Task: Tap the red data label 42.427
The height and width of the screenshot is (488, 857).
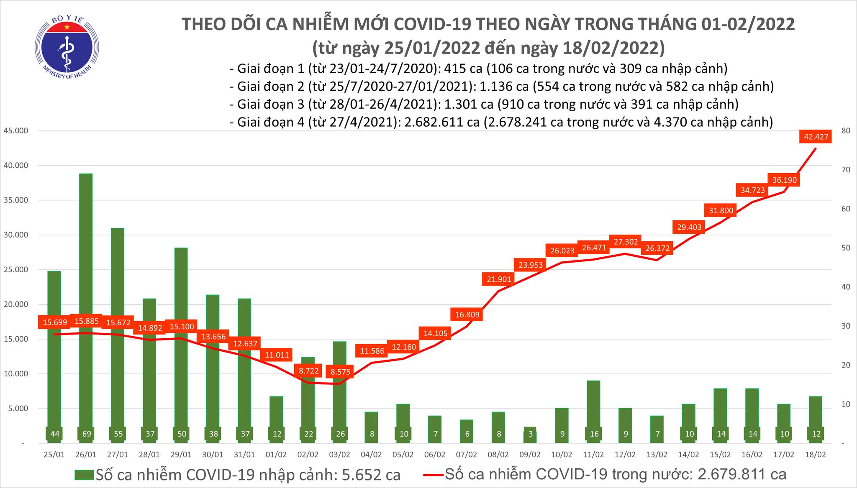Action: point(816,136)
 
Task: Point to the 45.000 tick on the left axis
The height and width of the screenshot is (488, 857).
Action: point(15,131)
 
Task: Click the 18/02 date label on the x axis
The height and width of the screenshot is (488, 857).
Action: point(816,455)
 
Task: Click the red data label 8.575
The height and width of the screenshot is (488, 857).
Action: point(340,371)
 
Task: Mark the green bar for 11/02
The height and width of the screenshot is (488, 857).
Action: point(593,411)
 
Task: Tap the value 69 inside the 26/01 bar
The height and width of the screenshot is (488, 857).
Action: point(86,434)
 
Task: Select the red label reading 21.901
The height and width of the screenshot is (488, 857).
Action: point(499,279)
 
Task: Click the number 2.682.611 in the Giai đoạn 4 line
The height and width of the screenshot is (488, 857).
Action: point(422,122)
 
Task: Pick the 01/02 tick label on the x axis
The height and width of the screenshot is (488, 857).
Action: point(277,455)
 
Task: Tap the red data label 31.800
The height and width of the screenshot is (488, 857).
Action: point(721,211)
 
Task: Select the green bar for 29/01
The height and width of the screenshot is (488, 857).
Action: point(181,345)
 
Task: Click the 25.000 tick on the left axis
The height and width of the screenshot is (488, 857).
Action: point(15,270)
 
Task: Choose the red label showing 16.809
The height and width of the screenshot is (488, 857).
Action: point(467,314)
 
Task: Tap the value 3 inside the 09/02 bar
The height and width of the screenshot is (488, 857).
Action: point(530,434)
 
